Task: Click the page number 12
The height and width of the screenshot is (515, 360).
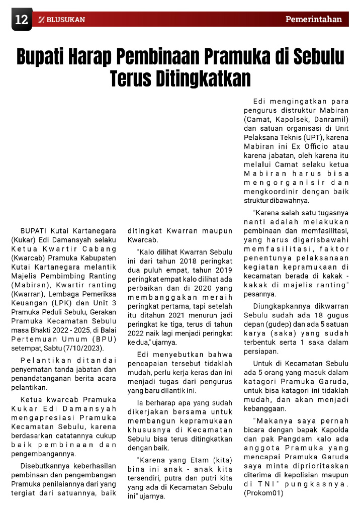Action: pos(21,20)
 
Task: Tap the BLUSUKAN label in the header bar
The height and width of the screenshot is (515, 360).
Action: pos(65,20)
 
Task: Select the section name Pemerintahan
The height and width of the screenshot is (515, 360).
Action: pos(314,20)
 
